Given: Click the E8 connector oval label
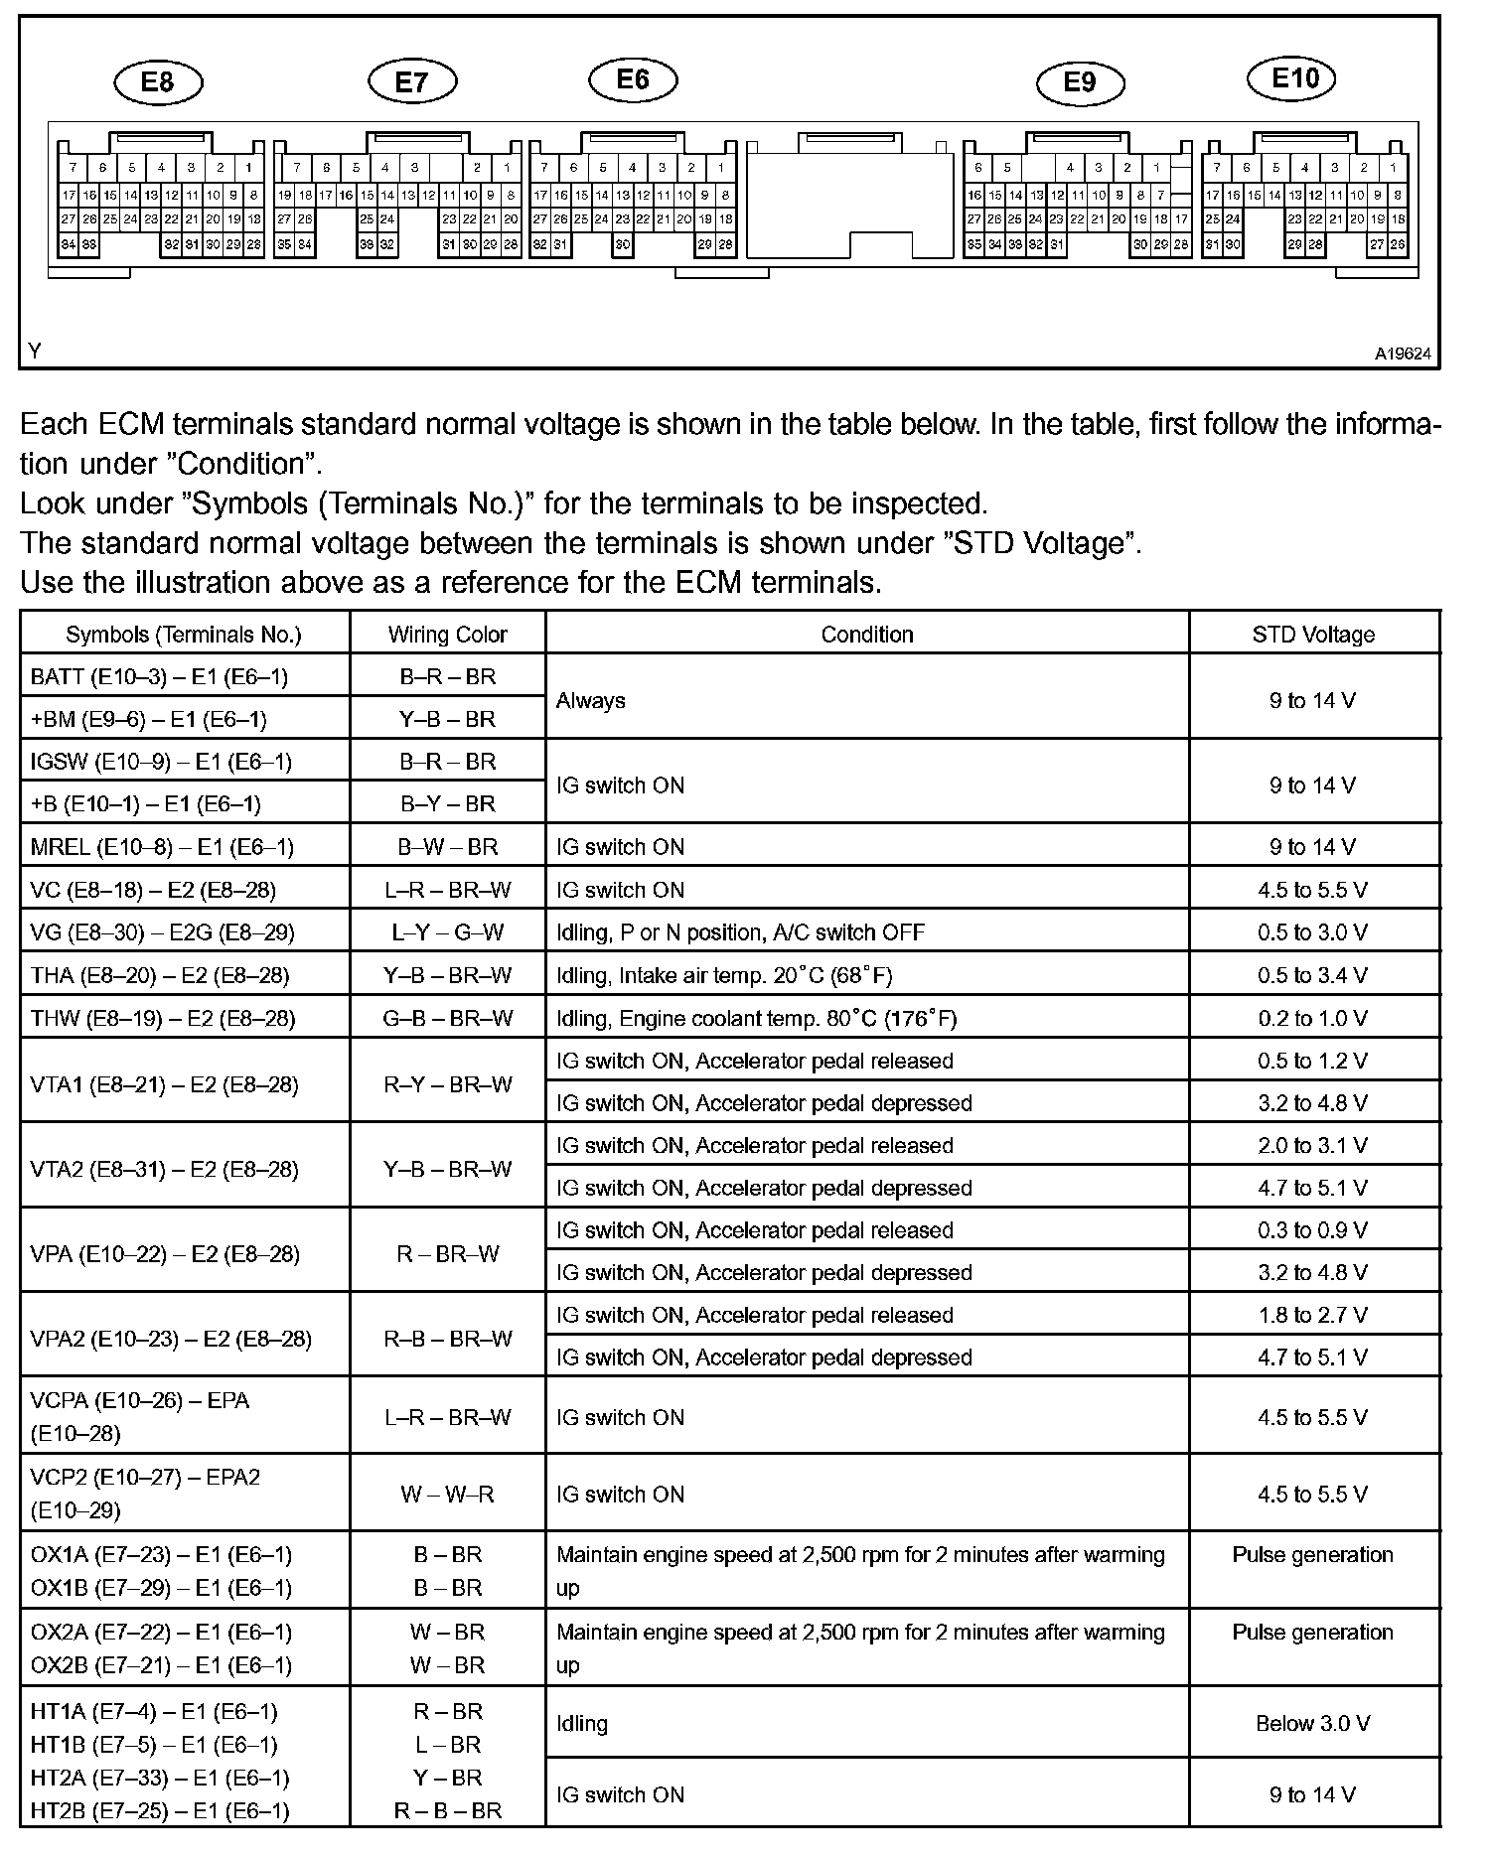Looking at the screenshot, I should [158, 82].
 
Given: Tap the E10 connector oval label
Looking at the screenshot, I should [1294, 78].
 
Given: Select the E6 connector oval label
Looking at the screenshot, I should [633, 79].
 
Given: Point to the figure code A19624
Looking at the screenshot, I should [1403, 353].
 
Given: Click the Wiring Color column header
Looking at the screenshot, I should [447, 635].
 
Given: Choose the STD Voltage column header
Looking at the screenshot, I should [1313, 635].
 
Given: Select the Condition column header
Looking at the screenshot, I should [866, 635].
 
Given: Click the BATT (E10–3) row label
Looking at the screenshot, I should [159, 676].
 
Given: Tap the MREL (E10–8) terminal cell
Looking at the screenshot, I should [162, 846].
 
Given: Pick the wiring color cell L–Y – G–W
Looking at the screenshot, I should [447, 931].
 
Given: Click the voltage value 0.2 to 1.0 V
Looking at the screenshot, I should [1312, 1018].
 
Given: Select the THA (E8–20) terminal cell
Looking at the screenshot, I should [160, 975].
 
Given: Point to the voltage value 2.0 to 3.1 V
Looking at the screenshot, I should [1312, 1145].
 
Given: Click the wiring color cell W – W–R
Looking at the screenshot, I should [447, 1494].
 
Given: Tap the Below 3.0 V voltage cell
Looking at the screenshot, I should [1312, 1723].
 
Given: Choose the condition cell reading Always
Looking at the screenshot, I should [591, 700].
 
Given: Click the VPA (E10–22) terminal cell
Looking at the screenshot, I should [165, 1253].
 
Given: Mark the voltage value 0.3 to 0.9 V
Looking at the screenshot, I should [1312, 1229].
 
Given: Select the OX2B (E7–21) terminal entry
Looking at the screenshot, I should [161, 1664].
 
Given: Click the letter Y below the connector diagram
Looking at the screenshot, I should [36, 351].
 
